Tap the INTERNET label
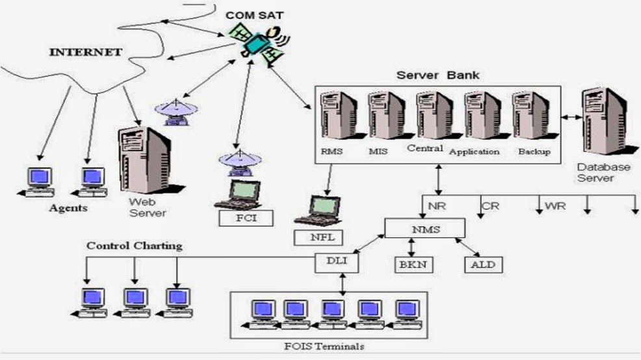86,51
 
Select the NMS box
425,228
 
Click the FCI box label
245,217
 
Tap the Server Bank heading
438,75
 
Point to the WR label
556,207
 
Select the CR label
491,207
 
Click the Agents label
68,209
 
